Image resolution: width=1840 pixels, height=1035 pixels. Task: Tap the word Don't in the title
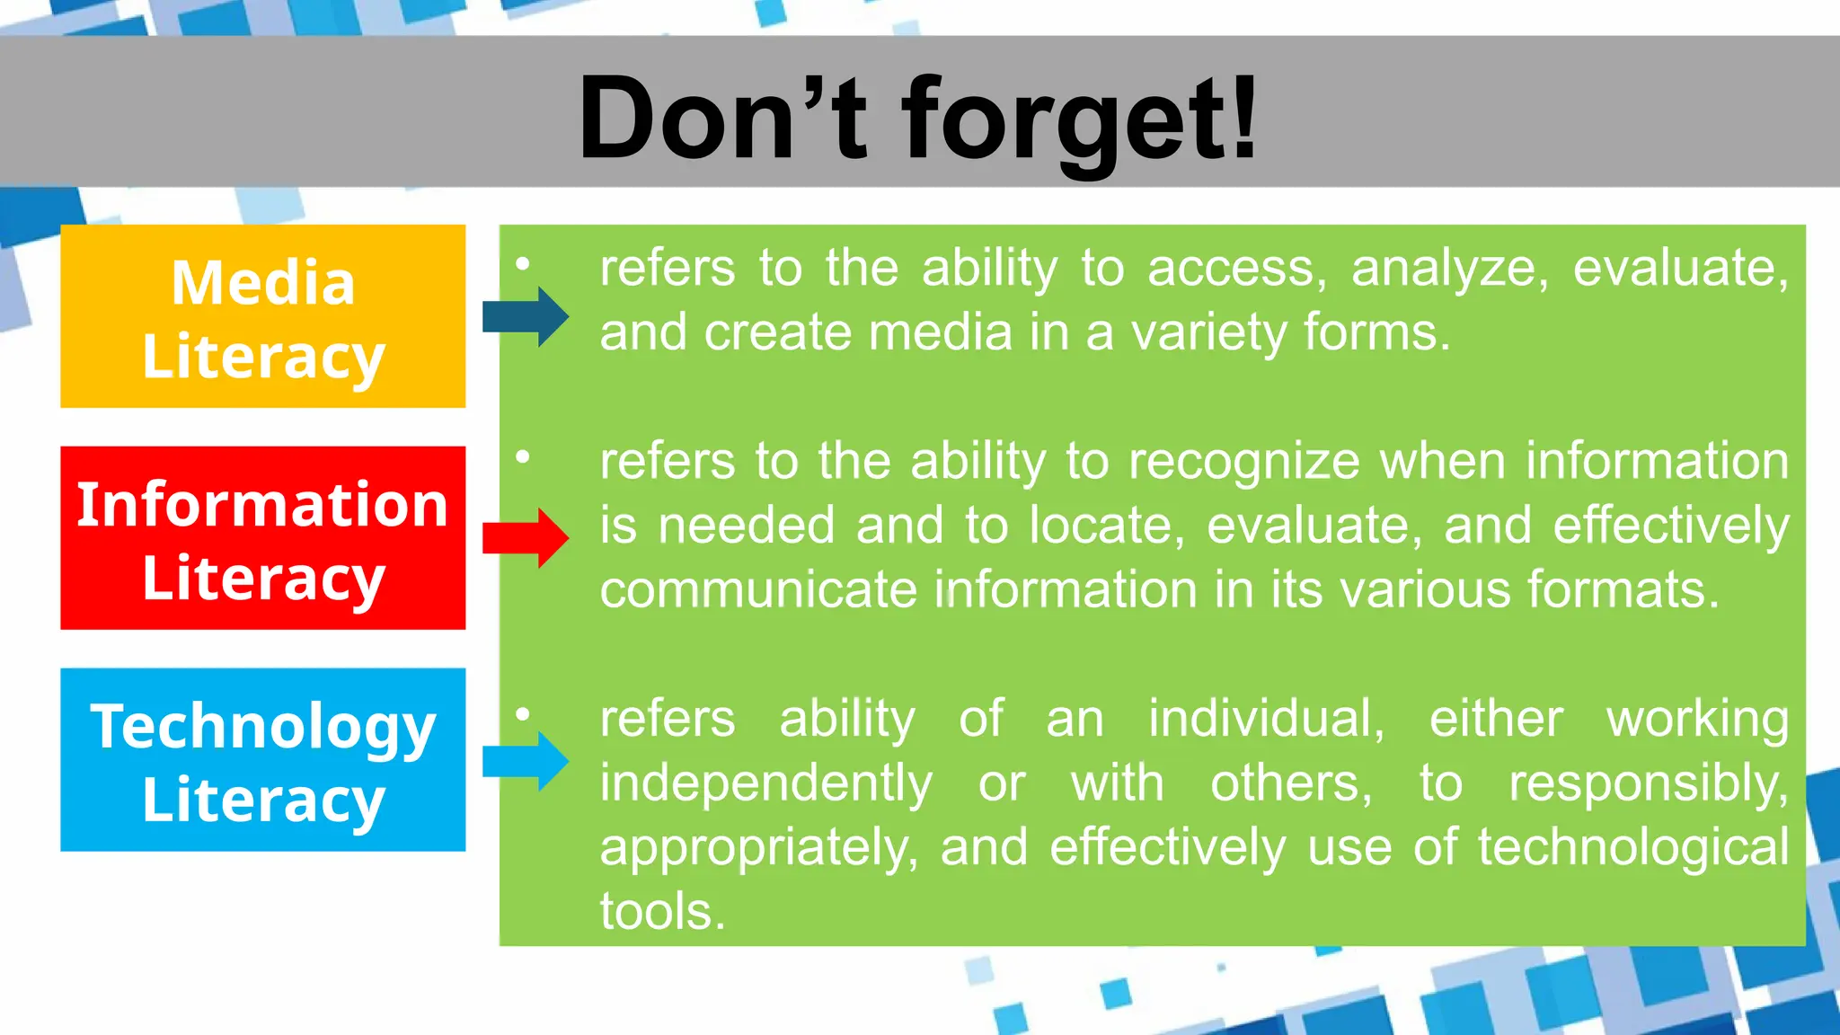(x=723, y=120)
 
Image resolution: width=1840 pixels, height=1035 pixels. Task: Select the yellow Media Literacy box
(x=262, y=316)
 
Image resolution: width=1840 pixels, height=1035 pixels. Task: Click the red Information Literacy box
(x=262, y=538)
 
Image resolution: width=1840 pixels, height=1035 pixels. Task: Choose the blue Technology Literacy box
(x=262, y=760)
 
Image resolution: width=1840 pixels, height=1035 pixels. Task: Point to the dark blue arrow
(x=526, y=316)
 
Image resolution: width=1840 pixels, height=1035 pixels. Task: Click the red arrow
(x=526, y=537)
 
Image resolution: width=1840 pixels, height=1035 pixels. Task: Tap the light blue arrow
(x=526, y=760)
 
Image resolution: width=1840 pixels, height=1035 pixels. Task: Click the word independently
(x=766, y=783)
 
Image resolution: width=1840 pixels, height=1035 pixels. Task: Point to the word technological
(x=1633, y=848)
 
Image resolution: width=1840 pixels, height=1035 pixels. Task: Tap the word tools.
(x=662, y=912)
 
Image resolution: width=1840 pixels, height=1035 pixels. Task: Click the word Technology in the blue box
(x=262, y=726)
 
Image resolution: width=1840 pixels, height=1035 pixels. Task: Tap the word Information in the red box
(x=262, y=504)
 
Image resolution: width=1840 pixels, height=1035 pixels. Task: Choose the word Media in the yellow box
(x=262, y=283)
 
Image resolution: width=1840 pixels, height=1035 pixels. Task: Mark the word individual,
(x=1267, y=720)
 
